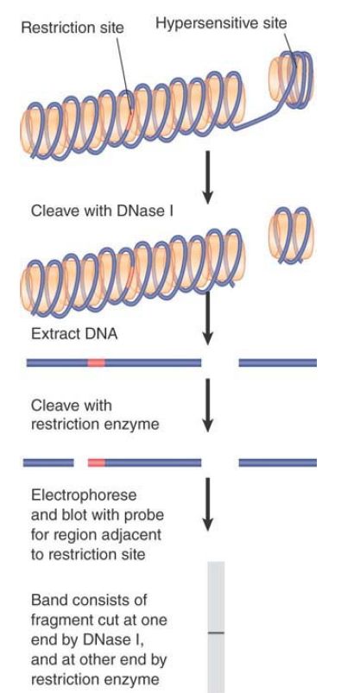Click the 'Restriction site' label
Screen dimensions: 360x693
[x=73, y=28]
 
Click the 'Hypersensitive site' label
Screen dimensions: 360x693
[x=221, y=23]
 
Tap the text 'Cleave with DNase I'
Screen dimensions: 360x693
[x=102, y=211]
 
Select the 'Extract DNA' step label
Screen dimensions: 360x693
[x=74, y=333]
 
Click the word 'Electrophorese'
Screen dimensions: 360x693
[x=84, y=495]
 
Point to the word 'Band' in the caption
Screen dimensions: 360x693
[x=50, y=600]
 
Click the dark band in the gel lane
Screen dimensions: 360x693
[x=217, y=633]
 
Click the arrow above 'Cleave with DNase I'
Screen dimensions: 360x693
[x=207, y=177]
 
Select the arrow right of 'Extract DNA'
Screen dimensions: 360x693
[x=207, y=318]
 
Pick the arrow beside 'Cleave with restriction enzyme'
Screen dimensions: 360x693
[x=207, y=406]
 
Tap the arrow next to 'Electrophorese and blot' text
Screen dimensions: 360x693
[x=207, y=504]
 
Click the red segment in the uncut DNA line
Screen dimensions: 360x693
[x=97, y=362]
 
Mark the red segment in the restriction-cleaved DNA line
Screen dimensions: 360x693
[x=97, y=463]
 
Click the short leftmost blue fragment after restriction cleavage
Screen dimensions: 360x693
[x=48, y=463]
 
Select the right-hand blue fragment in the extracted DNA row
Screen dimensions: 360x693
[x=277, y=362]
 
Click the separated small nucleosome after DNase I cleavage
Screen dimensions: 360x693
[x=291, y=236]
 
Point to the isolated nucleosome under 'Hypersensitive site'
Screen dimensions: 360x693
[x=291, y=79]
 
